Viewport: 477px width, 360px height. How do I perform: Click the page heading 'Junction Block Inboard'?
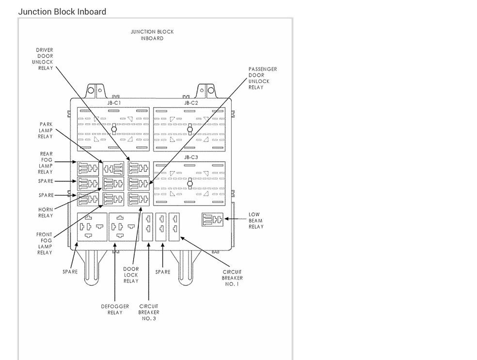click(x=62, y=11)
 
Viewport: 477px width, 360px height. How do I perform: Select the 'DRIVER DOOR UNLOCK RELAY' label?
click(x=45, y=59)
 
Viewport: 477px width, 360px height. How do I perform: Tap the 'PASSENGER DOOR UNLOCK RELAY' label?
click(x=262, y=78)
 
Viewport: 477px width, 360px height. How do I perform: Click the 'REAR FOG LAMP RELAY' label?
click(x=46, y=163)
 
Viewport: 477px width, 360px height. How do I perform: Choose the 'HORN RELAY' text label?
click(x=46, y=213)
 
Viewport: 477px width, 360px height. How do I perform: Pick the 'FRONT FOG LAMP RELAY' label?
click(x=44, y=244)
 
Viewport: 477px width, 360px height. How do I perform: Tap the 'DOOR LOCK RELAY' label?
click(x=131, y=275)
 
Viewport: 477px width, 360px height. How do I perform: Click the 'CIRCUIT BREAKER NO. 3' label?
click(x=149, y=312)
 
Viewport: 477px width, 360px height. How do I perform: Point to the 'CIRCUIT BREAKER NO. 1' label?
click(x=233, y=278)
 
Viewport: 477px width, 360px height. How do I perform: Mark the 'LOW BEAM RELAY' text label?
click(x=256, y=220)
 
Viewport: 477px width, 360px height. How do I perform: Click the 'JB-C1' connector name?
click(x=114, y=103)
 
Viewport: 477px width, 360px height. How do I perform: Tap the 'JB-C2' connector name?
click(x=191, y=103)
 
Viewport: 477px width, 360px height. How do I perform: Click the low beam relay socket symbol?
click(x=212, y=220)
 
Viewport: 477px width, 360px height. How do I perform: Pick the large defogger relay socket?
click(x=123, y=227)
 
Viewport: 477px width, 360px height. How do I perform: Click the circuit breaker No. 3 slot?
click(x=148, y=226)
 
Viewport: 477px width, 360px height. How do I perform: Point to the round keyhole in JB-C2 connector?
click(x=191, y=129)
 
